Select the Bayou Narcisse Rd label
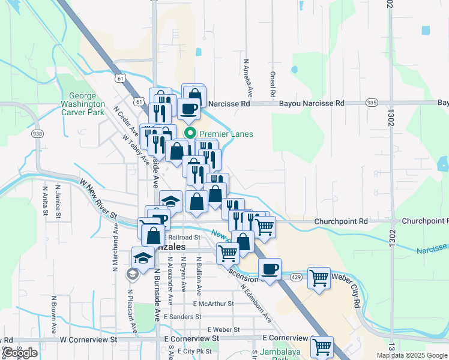tap(312, 103)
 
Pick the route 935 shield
tap(372, 103)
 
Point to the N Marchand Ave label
tap(115, 248)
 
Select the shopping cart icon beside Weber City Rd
tap(319, 278)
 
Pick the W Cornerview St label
tap(89, 339)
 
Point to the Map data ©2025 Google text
tap(412, 355)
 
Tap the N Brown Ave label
tap(53, 313)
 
